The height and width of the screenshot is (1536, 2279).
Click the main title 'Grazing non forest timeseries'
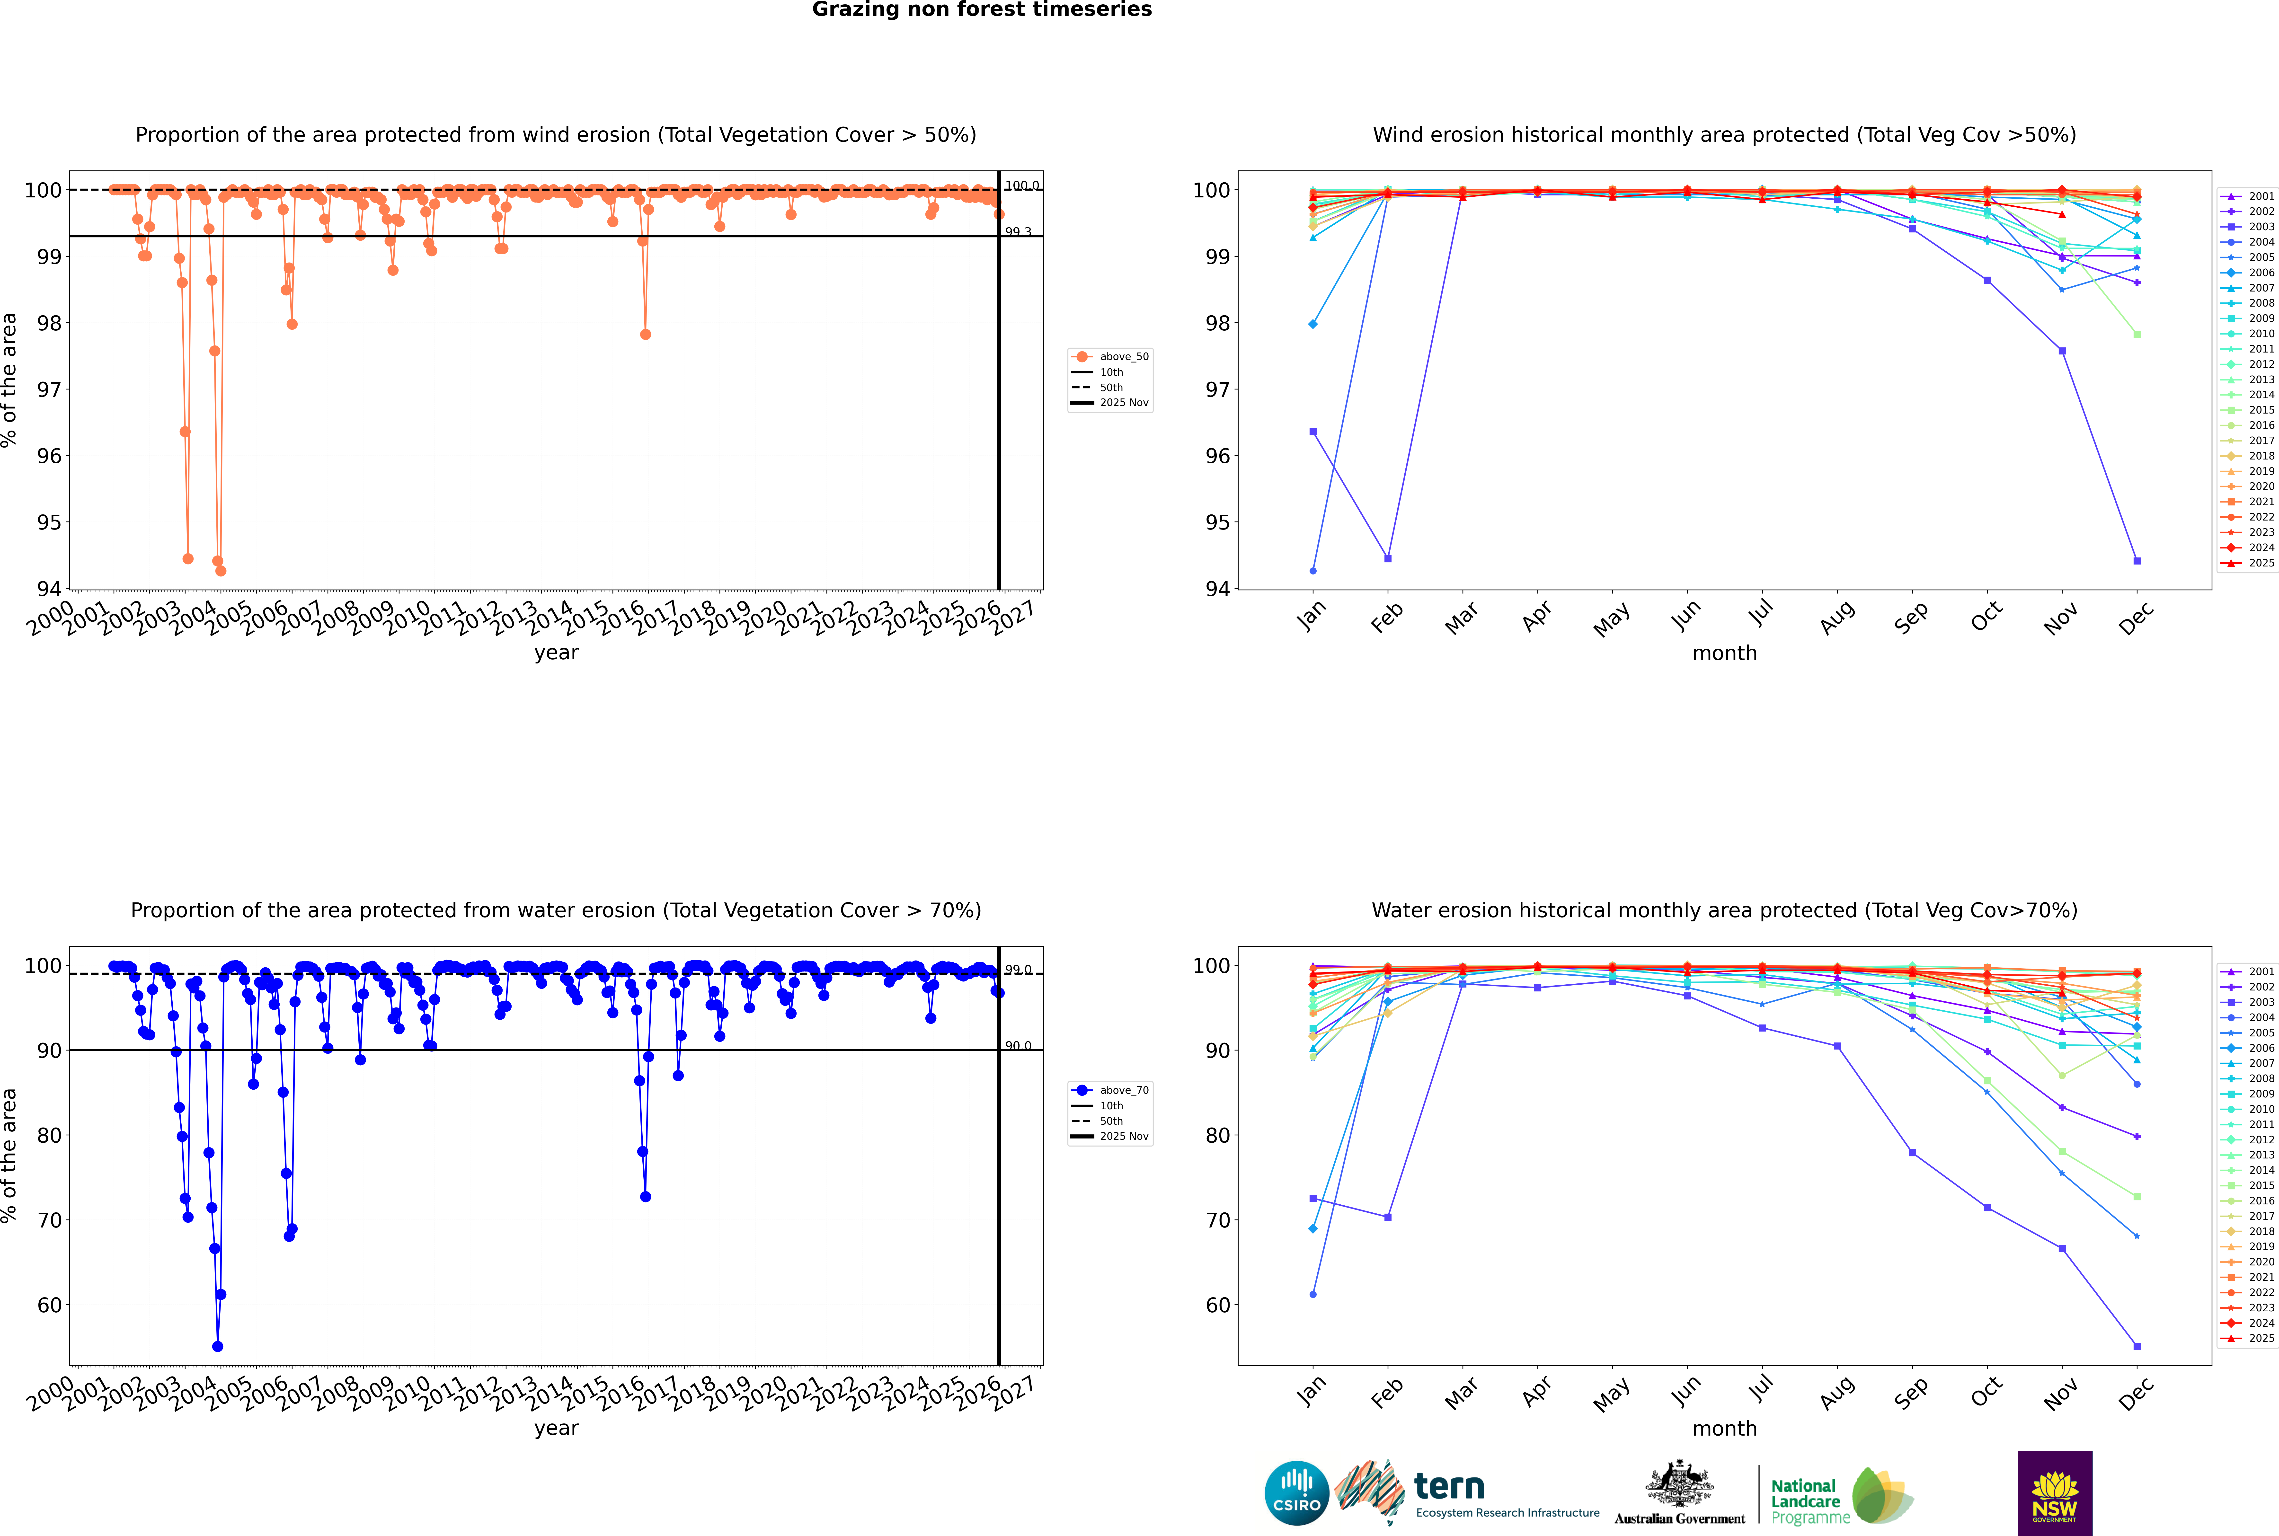(x=982, y=10)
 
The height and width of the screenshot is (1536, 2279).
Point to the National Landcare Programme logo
(x=1840, y=1496)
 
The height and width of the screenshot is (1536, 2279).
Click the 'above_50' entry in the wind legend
(x=1123, y=357)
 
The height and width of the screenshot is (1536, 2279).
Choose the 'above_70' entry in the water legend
(x=1123, y=1090)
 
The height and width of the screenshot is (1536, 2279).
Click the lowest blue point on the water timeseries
(x=218, y=1347)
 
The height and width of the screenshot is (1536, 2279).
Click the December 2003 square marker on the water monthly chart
(x=2137, y=1347)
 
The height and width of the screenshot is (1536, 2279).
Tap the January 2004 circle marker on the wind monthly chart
(x=1313, y=571)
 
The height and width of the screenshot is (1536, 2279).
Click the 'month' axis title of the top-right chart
(x=1724, y=653)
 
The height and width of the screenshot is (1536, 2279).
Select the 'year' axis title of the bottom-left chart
(x=556, y=1428)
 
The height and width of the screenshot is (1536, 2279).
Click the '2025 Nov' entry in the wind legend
(x=1123, y=403)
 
